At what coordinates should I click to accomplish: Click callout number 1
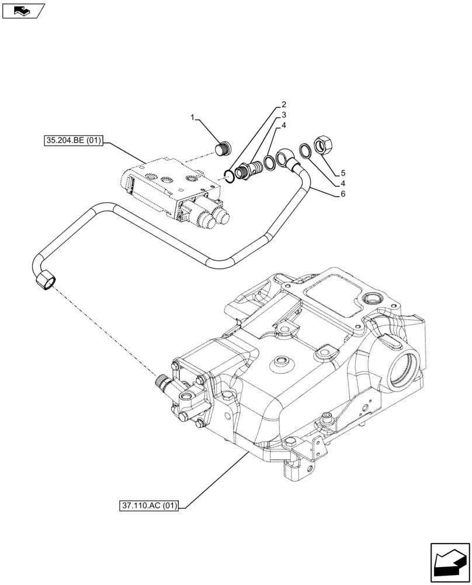click(x=192, y=119)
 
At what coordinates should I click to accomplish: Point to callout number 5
click(x=343, y=173)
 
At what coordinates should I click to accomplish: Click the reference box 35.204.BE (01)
click(x=72, y=141)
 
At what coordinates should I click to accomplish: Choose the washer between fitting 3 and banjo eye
click(x=269, y=163)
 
